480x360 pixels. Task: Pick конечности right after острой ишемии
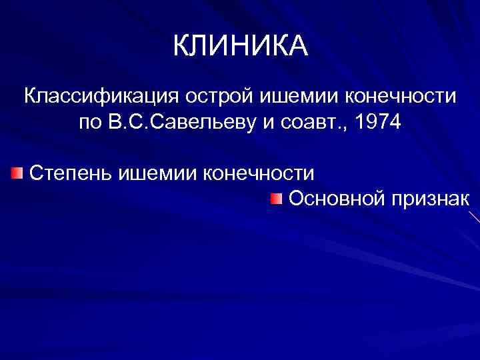point(401,96)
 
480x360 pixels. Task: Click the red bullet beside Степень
point(17,174)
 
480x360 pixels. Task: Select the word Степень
point(71,173)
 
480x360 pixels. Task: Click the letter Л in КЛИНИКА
point(201,46)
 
